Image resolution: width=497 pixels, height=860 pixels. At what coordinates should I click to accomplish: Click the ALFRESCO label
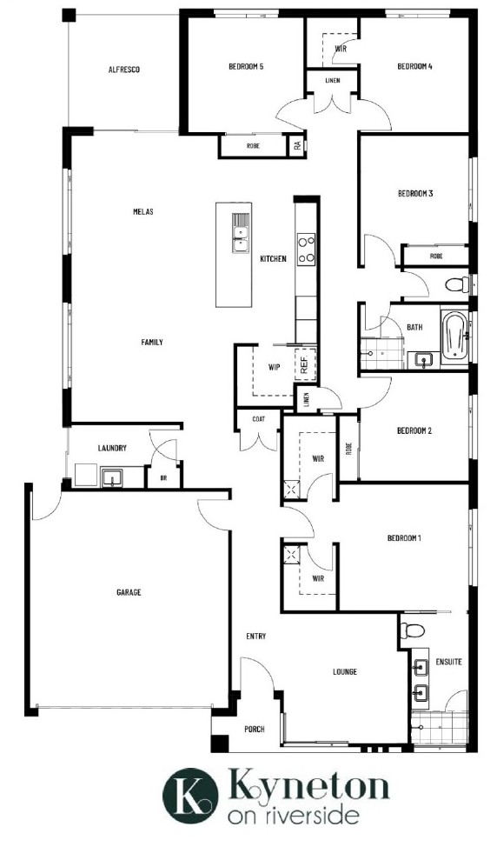pos(124,70)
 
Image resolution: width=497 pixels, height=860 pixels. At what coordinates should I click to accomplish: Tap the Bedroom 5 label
pos(246,67)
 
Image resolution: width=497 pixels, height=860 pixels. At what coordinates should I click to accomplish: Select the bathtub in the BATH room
pos(454,336)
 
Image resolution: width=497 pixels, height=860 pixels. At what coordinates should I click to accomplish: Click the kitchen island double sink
pos(240,232)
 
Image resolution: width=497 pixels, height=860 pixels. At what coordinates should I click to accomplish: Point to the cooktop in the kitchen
pos(307,248)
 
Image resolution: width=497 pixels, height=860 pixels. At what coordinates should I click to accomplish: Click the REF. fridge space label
pos(305,363)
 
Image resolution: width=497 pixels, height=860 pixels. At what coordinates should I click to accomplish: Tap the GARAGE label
pos(129,592)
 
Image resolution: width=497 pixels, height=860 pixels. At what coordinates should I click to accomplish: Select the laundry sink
pos(114,477)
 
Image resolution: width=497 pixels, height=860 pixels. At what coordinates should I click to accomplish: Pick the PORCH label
pos(255,729)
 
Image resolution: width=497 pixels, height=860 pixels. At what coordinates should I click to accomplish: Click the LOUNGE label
pos(345,671)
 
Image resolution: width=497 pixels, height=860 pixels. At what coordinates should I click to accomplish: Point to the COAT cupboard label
pos(259,419)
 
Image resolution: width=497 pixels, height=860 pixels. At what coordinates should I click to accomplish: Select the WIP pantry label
pos(274,367)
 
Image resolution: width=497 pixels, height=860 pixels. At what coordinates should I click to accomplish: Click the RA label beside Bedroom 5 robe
pos(297,145)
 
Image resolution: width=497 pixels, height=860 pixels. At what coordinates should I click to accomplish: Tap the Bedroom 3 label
pos(415,193)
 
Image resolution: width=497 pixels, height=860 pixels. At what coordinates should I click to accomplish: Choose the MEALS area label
pos(143,211)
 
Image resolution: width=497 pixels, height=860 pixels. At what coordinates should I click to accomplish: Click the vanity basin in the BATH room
pos(423,360)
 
